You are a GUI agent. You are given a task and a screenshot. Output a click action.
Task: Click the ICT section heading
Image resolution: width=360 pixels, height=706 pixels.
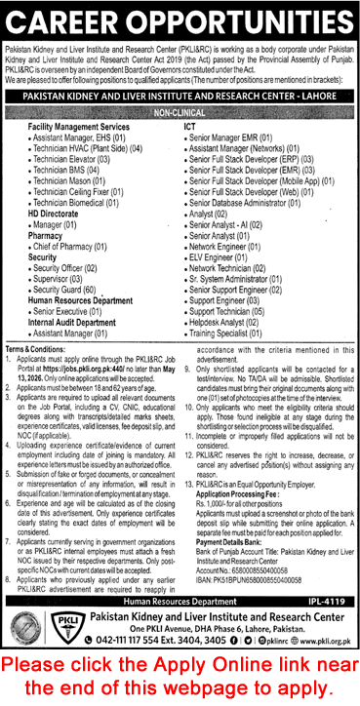(x=190, y=128)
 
